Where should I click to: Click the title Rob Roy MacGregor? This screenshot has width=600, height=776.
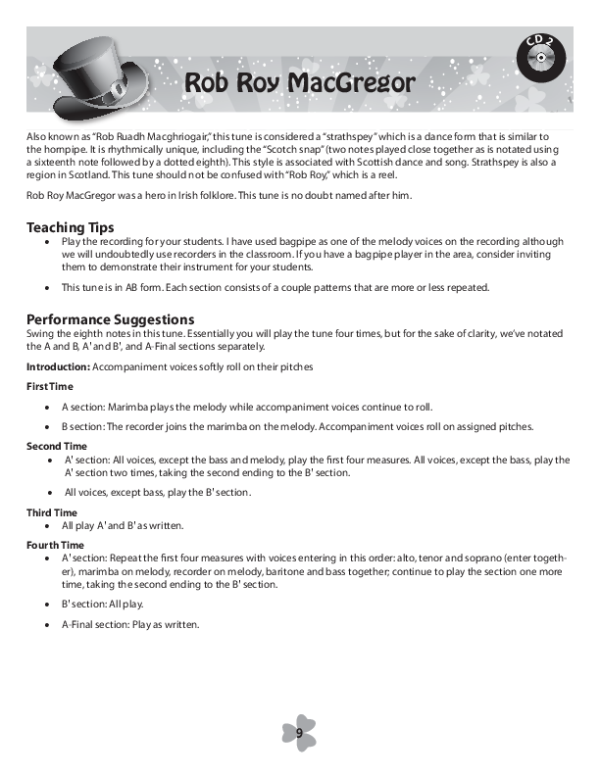pos(299,83)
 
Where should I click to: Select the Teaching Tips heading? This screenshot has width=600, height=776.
pos(70,227)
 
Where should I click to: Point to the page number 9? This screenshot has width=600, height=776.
pos(299,732)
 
